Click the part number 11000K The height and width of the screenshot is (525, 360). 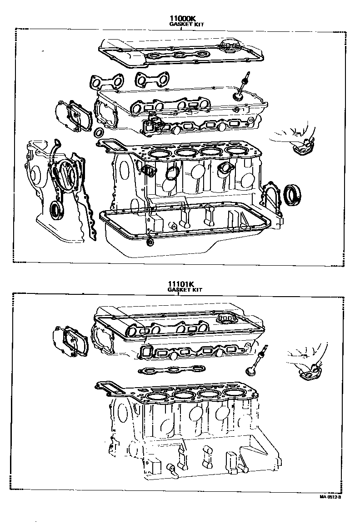[x=182, y=18]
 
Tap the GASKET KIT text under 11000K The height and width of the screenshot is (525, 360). [x=186, y=24]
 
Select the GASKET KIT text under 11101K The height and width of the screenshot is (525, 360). [x=185, y=290]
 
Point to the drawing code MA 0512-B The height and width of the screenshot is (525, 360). [x=330, y=497]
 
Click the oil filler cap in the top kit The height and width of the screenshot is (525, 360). [x=228, y=45]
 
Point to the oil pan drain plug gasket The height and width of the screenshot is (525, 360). [x=150, y=242]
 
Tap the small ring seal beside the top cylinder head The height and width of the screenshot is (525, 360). [x=99, y=132]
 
